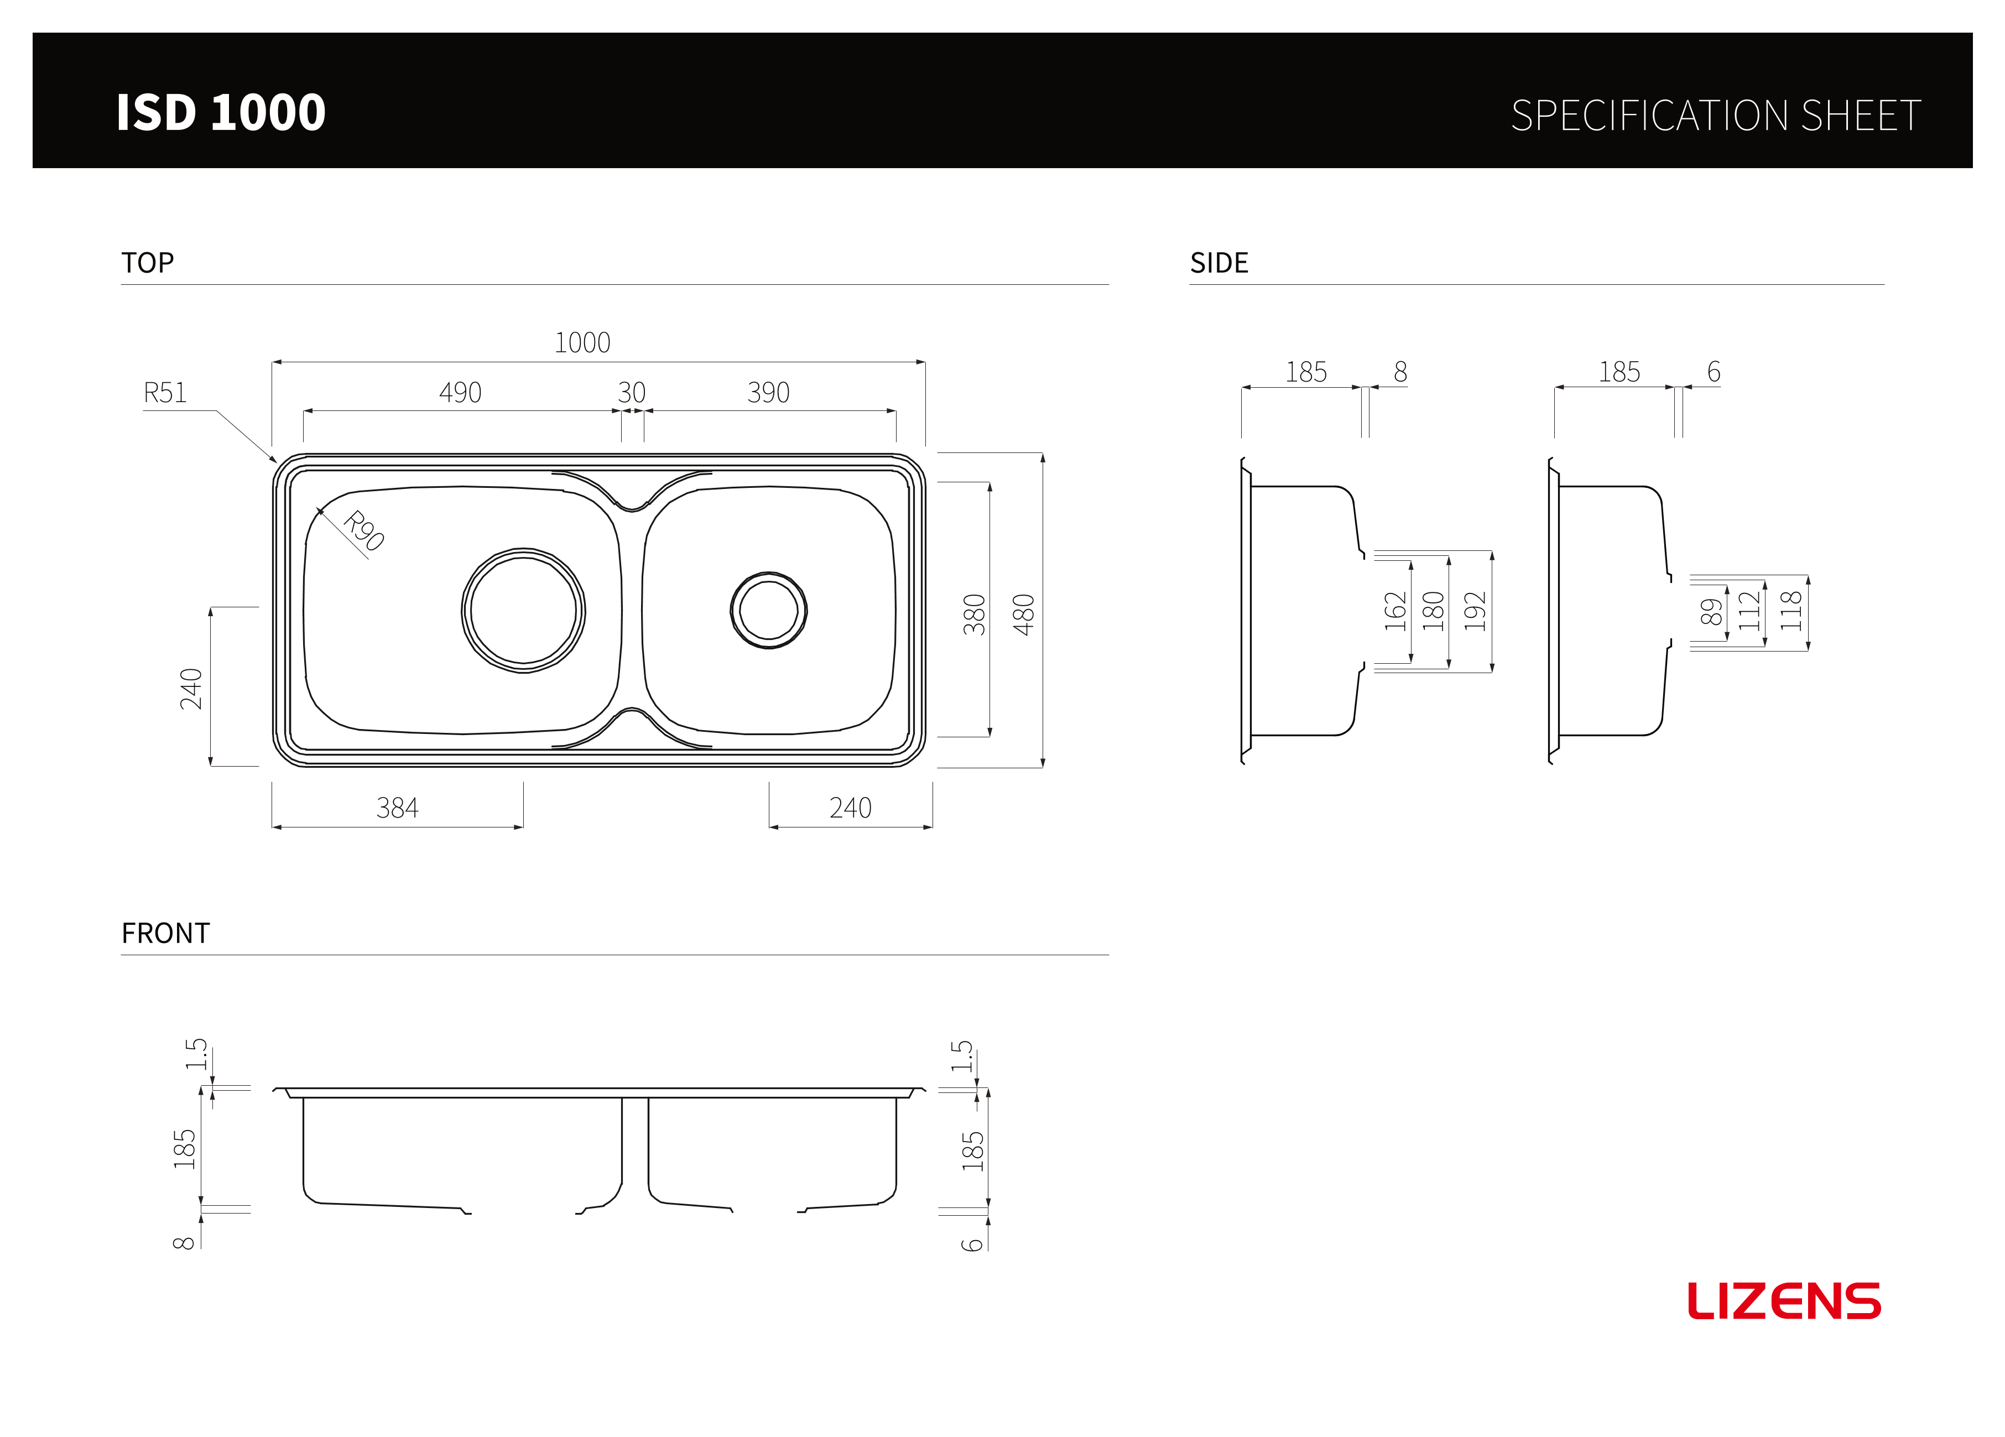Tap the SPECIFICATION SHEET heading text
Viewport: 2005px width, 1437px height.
click(x=1716, y=116)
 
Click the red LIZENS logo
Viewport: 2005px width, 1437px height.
click(x=1784, y=1301)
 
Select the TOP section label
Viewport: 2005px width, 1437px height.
click(x=148, y=263)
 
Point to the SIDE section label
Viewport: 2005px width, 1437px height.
click(x=1219, y=263)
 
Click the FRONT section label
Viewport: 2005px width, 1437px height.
click(x=165, y=933)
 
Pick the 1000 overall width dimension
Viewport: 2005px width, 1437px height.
click(x=582, y=342)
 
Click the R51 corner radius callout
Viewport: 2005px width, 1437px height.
click(x=165, y=393)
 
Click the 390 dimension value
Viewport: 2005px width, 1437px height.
click(x=768, y=393)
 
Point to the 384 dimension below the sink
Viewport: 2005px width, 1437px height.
click(x=397, y=808)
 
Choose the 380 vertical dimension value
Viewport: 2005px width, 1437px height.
click(x=973, y=615)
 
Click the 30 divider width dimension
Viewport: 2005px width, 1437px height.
click(x=631, y=393)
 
